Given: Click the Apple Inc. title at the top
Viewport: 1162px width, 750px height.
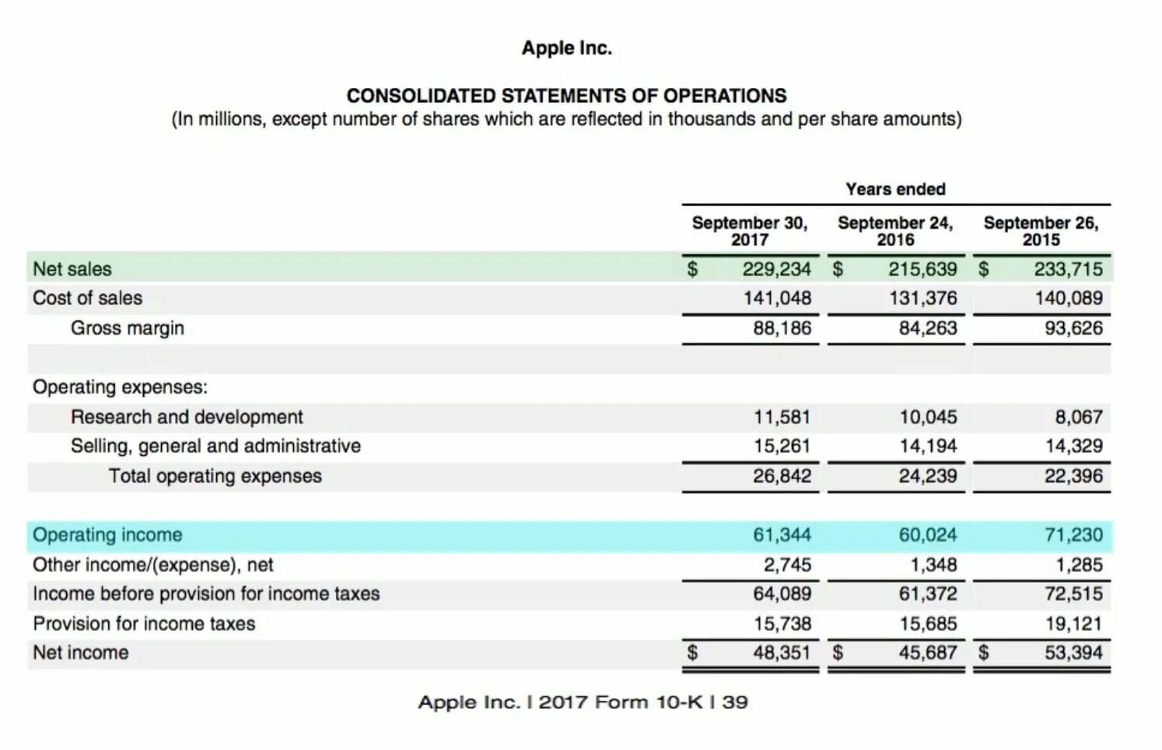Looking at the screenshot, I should [566, 48].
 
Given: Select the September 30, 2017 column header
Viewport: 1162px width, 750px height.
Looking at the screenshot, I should [750, 231].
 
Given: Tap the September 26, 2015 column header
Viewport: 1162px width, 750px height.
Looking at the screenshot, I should [1041, 231].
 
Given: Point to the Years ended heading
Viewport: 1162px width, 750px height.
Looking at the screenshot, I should [895, 189].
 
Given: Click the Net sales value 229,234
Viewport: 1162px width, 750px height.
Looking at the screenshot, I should [776, 269].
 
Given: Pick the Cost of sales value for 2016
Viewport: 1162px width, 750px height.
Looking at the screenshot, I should [922, 298].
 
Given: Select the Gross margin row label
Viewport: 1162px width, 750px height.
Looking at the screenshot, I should [128, 328].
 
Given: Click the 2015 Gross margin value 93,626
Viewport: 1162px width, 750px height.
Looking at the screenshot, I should [1073, 328].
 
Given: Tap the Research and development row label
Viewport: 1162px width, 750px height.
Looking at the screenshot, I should [187, 417].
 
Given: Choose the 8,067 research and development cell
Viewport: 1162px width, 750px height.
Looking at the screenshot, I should [1078, 417].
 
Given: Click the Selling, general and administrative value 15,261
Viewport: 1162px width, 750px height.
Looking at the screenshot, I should [782, 446].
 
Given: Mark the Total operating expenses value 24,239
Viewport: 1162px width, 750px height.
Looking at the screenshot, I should [927, 476].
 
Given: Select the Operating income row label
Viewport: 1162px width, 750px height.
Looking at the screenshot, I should [107, 535].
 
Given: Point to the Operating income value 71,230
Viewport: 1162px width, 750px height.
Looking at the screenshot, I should [1073, 535].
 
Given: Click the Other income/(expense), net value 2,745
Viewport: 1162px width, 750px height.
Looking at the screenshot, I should [786, 565].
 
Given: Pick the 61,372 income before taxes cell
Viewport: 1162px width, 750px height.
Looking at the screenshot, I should [927, 594].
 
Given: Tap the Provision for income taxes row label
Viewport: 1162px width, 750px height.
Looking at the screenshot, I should [144, 624].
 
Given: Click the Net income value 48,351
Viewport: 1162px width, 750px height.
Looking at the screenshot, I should [782, 653].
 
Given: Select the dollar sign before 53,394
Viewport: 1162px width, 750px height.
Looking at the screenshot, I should [983, 653].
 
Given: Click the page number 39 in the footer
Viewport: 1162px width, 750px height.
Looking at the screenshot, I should [735, 703].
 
